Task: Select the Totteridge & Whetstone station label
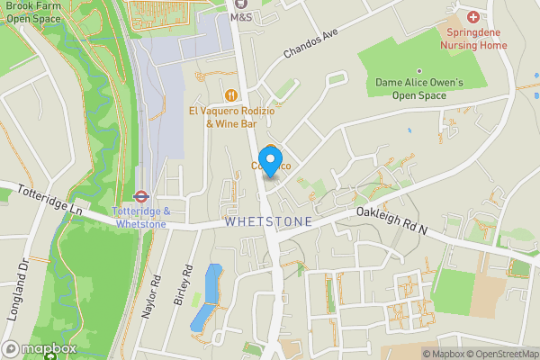tap(140, 217)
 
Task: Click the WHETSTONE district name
tap(268, 221)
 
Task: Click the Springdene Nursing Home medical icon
tap(474, 16)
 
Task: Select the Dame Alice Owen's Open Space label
tap(419, 89)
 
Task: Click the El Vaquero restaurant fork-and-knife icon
tap(231, 94)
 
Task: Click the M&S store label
tap(240, 16)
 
